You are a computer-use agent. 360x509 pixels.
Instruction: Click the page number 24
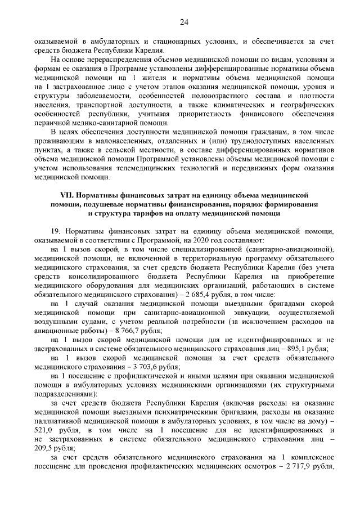coord(183,22)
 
